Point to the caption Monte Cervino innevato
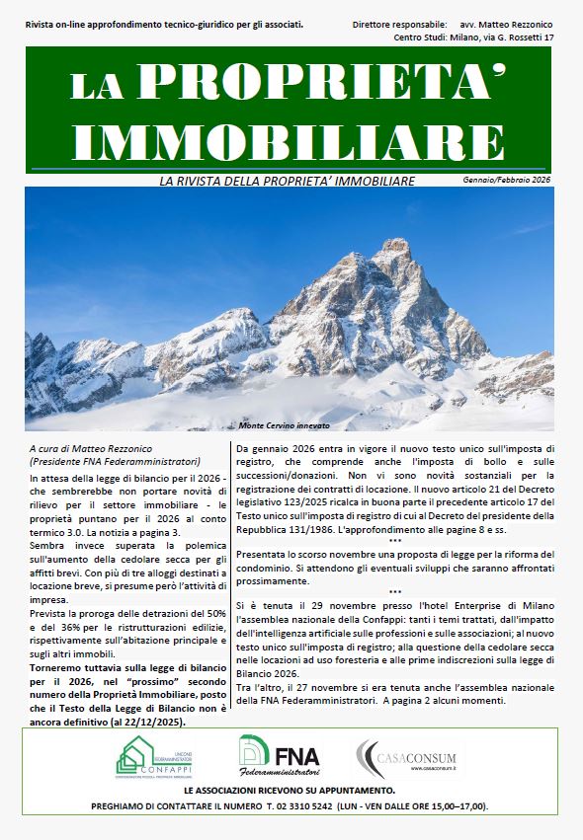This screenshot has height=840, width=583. coord(284,425)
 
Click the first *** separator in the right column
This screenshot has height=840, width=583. coord(394,541)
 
